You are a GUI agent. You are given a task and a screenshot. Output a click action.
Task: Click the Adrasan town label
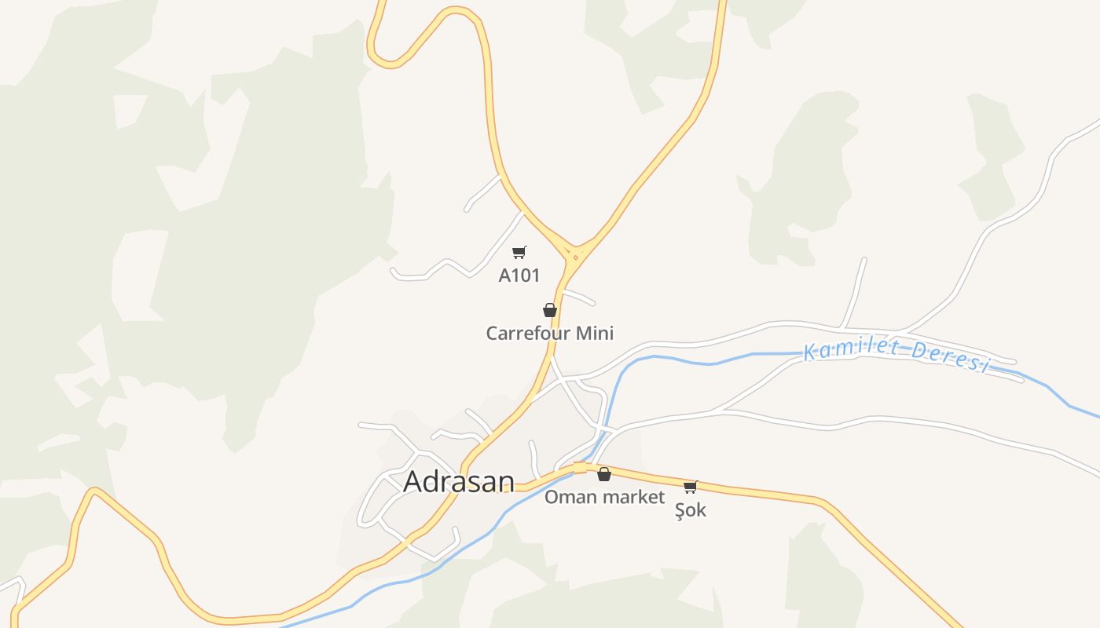click(459, 482)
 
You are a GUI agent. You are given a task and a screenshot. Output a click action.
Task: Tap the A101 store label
click(519, 276)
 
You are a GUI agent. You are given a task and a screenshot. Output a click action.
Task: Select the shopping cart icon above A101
click(519, 252)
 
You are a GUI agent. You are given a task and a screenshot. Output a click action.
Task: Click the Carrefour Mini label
click(549, 334)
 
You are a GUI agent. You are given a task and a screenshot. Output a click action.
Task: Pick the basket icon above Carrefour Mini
click(550, 310)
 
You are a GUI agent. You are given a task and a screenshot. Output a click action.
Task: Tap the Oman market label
click(604, 497)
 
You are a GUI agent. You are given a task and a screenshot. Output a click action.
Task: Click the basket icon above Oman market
click(604, 474)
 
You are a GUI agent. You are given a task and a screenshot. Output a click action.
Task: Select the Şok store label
click(691, 510)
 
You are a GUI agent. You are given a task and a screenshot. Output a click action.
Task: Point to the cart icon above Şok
click(691, 487)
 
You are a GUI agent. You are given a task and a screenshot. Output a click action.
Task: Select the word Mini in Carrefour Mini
click(595, 334)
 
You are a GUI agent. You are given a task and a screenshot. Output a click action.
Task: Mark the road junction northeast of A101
click(576, 256)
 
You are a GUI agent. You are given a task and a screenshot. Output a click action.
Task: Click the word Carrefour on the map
click(528, 334)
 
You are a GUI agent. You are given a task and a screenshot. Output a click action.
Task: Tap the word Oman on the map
click(564, 497)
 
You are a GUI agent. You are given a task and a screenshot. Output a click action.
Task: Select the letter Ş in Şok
click(680, 511)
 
